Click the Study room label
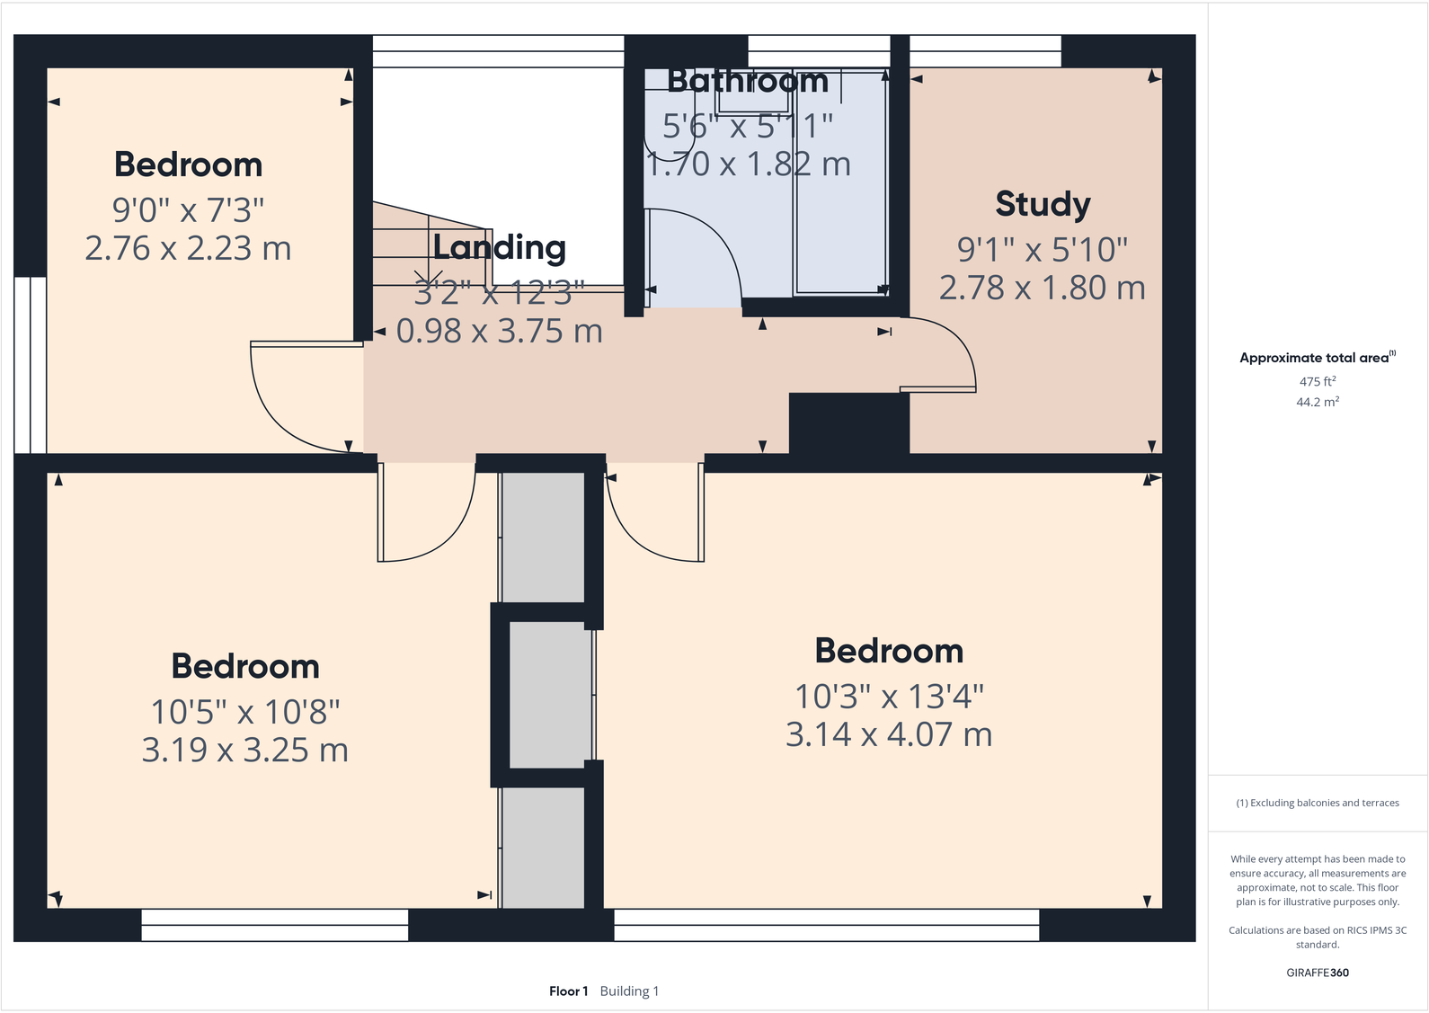point(1043,204)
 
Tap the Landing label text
point(500,247)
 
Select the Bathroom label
point(748,82)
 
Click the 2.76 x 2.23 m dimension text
point(188,249)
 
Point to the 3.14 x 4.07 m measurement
point(889,735)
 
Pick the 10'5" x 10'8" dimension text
point(245,712)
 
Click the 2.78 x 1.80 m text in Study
point(1043,289)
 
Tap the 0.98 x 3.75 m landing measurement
point(500,332)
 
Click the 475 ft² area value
point(1318,381)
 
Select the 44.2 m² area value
point(1318,402)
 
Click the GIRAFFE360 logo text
point(1318,973)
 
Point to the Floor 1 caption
point(568,991)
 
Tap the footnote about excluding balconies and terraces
point(1318,803)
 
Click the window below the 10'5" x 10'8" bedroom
point(275,925)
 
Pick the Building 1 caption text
point(629,991)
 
